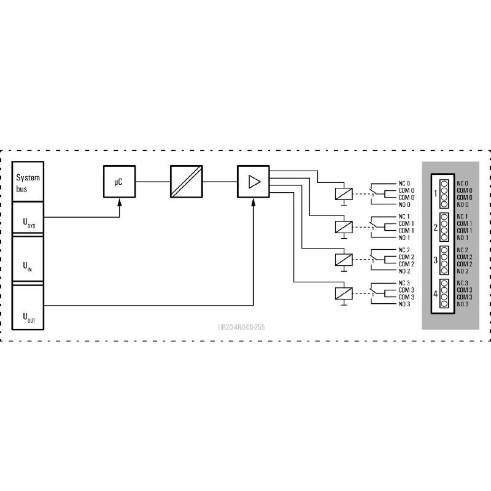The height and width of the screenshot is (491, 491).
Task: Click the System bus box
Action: (28, 181)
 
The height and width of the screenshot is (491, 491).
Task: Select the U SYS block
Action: (28, 217)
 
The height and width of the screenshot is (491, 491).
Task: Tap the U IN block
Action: (28, 259)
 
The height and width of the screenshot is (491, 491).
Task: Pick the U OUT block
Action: (28, 307)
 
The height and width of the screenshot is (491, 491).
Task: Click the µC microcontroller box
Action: (119, 182)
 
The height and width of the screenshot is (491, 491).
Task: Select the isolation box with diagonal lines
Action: (187, 182)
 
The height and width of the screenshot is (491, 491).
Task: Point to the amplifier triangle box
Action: (253, 182)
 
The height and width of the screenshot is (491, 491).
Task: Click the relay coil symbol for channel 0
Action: (344, 194)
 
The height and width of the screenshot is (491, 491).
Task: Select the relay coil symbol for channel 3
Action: (344, 293)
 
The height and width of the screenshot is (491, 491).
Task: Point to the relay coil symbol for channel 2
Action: (344, 260)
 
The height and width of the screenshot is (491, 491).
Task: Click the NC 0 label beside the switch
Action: (404, 184)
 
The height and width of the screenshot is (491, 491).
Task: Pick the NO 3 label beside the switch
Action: (404, 304)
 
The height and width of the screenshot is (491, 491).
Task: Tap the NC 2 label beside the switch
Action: (404, 250)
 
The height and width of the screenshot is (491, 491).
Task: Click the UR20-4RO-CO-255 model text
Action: (241, 327)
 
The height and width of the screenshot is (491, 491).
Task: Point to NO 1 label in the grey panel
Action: (463, 238)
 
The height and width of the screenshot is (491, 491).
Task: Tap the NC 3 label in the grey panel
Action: (462, 283)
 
